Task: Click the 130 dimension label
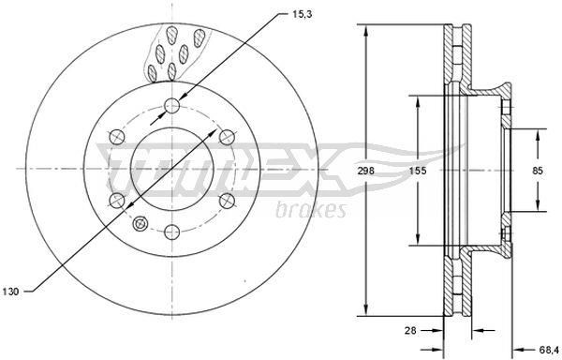(10, 292)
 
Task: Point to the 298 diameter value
(365, 171)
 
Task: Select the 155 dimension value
(418, 171)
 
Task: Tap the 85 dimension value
(538, 171)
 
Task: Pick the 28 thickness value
(410, 330)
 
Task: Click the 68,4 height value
(548, 349)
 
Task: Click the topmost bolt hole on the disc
(171, 105)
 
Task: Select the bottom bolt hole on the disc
(171, 232)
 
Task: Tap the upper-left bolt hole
(117, 137)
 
